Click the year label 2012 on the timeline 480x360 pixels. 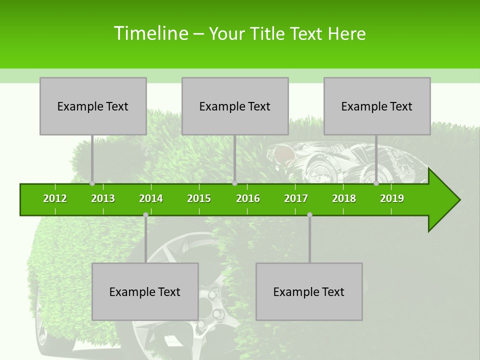click(x=55, y=198)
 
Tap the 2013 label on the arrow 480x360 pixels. click(x=103, y=198)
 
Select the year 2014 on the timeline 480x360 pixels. click(x=151, y=198)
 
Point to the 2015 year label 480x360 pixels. click(x=199, y=198)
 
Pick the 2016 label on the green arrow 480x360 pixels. click(x=248, y=198)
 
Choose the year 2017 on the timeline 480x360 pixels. click(x=296, y=198)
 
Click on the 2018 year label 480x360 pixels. click(x=344, y=198)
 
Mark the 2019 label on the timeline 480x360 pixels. click(x=392, y=198)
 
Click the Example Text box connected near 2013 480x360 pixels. click(x=93, y=106)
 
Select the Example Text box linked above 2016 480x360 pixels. click(x=235, y=106)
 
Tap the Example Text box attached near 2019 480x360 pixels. click(x=377, y=106)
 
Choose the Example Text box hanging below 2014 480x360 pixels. click(x=145, y=291)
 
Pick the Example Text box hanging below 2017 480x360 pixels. click(x=309, y=291)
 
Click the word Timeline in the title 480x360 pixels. click(x=150, y=33)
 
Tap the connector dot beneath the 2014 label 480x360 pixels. click(x=145, y=215)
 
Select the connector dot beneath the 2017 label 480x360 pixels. click(x=309, y=215)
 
